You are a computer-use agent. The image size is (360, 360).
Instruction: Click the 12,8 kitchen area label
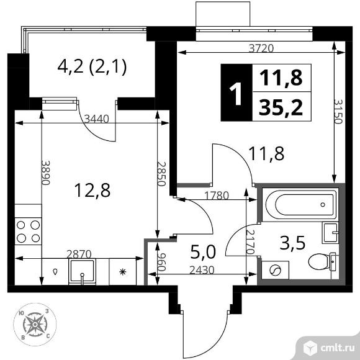point(92,190)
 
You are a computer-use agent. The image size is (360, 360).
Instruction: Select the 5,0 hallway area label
point(203,251)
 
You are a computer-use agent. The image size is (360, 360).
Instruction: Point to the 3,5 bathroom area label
point(292,243)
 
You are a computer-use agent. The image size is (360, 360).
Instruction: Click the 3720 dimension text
point(261,48)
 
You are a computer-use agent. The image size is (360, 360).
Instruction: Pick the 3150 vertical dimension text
point(338,112)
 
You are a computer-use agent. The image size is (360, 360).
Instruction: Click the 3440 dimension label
point(96,119)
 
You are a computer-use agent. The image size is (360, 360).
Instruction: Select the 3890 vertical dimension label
point(45,173)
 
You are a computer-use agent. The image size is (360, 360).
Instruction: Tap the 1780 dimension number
point(217,196)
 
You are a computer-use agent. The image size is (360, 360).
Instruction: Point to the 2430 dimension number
point(202,270)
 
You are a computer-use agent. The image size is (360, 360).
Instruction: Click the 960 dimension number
point(161,262)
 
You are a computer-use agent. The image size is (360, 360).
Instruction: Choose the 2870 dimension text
point(79,254)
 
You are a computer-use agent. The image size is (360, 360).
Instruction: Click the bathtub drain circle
point(323,205)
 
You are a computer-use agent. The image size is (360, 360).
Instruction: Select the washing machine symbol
point(275,270)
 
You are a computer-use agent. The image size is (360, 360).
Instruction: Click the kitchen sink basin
point(82,271)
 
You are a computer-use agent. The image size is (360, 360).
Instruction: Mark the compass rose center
point(35,325)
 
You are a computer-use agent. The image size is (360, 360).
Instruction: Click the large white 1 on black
point(236,94)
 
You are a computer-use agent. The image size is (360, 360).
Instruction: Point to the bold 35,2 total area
point(281,108)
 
